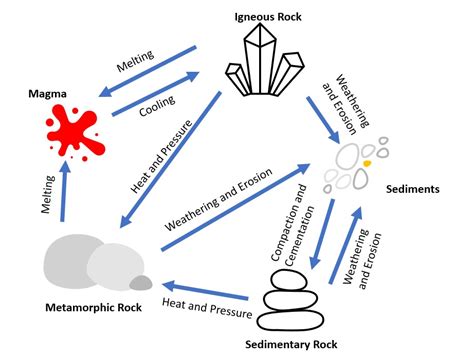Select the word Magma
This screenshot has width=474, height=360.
(48, 94)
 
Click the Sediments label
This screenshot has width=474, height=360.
(411, 187)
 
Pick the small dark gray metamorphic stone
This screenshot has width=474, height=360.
(141, 283)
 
